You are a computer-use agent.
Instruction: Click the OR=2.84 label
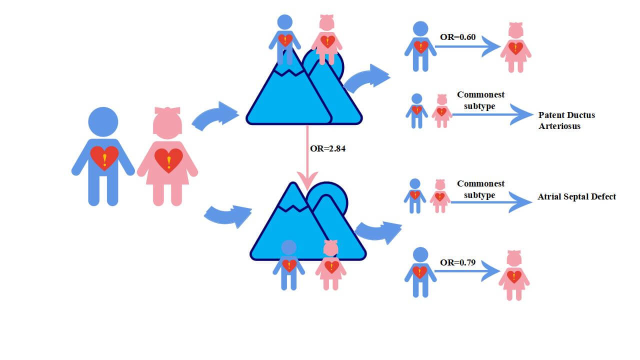328,148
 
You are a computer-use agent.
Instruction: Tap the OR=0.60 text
457,37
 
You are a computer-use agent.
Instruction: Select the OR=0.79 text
457,262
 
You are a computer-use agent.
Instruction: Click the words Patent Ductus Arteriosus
566,120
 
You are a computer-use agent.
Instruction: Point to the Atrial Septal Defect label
576,196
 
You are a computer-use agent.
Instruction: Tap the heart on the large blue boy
104,158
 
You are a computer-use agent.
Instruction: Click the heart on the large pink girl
168,160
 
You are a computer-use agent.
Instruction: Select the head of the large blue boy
103,122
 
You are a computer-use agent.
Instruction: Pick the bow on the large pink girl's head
167,110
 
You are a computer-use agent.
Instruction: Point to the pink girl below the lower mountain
331,265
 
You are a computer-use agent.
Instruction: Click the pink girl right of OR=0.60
515,47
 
